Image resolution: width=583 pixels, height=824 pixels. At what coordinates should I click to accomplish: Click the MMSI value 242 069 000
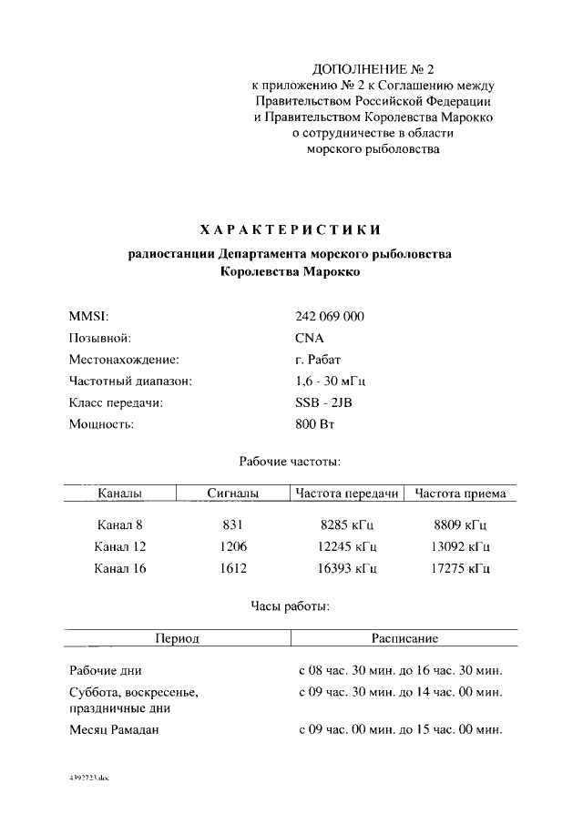point(330,317)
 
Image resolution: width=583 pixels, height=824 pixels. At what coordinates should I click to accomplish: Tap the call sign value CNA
point(310,339)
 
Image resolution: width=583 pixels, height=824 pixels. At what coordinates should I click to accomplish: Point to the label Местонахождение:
point(124,360)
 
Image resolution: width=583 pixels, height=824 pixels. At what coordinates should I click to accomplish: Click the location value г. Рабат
point(319,360)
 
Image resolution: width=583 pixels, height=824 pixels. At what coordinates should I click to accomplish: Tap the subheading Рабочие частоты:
point(290,463)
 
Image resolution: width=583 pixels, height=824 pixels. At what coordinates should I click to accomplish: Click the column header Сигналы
point(233,494)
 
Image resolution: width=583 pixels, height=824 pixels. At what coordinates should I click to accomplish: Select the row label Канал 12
point(120,547)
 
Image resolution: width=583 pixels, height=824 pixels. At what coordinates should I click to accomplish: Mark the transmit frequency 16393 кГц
point(349,569)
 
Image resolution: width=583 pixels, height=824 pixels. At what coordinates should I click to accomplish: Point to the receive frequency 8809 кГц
point(461,525)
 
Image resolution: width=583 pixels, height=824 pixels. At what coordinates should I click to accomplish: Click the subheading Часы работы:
point(290,605)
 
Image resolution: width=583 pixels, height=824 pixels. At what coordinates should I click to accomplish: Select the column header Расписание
point(405,639)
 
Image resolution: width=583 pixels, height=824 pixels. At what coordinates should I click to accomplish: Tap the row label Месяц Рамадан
point(115,730)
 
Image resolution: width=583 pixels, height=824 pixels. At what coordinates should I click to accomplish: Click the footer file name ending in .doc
point(88,780)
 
